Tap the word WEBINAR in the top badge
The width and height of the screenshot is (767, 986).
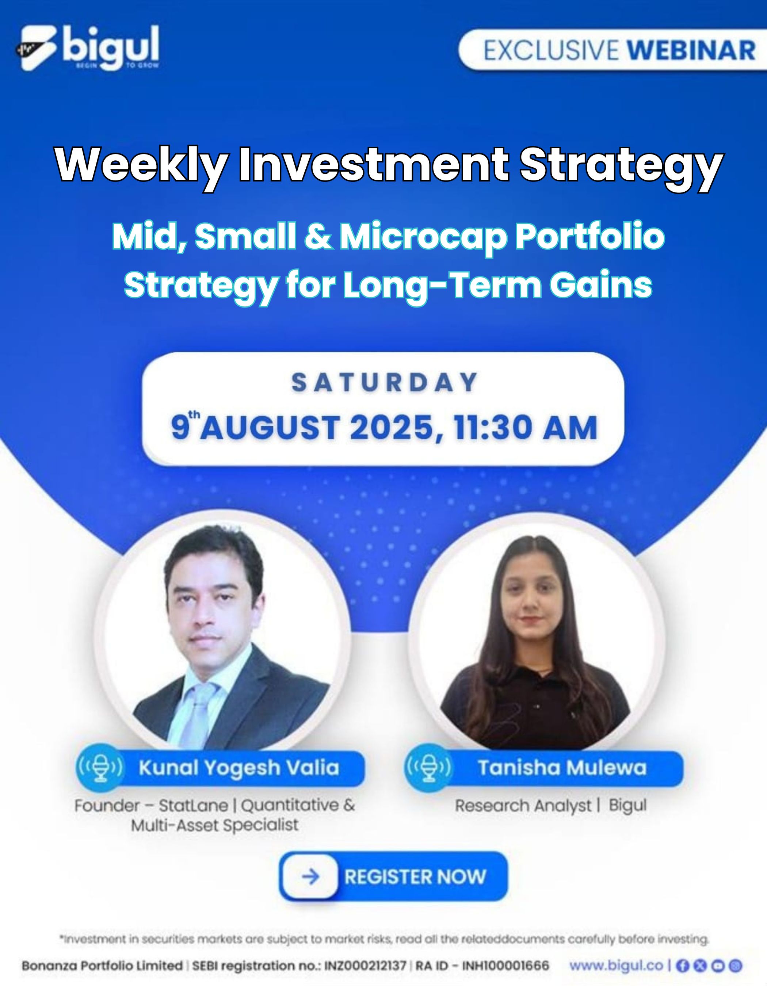point(691,50)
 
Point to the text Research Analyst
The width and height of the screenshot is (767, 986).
point(523,805)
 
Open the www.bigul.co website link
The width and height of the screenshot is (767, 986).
point(616,966)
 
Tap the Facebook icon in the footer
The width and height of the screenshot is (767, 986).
point(683,966)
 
